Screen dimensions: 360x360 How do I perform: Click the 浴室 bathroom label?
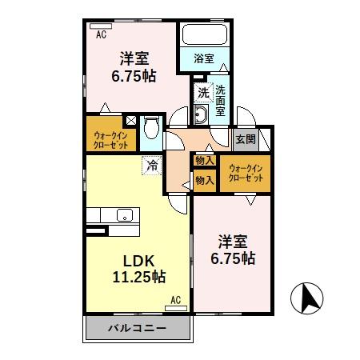[204, 58]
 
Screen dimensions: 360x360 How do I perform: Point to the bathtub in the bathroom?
[204, 36]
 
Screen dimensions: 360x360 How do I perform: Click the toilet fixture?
[150, 130]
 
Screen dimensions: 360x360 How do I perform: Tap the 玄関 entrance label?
[246, 138]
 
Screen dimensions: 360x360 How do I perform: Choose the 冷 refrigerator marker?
[151, 166]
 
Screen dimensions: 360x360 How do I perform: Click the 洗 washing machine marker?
[203, 93]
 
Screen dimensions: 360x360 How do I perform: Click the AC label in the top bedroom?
[101, 34]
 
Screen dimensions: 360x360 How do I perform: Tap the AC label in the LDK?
[176, 300]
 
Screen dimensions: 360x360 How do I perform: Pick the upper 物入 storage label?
[204, 161]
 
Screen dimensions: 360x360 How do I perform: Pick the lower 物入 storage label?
[204, 180]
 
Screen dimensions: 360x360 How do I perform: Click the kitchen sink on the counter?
[124, 214]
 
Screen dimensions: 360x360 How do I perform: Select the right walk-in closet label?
[246, 171]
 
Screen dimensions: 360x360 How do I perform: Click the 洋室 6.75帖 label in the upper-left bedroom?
[133, 66]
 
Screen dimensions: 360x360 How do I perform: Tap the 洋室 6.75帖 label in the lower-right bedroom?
[233, 249]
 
